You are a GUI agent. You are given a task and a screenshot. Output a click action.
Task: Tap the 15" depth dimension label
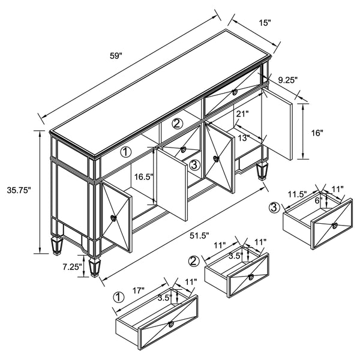click(x=265, y=23)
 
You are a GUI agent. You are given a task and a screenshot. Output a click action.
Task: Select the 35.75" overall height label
click(x=19, y=190)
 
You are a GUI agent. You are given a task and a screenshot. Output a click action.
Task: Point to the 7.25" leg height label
click(x=73, y=267)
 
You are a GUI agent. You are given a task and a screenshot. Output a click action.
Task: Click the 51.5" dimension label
click(x=200, y=236)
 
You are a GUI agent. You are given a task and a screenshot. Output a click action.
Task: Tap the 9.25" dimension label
click(x=288, y=80)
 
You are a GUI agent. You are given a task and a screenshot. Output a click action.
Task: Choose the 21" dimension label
click(x=242, y=114)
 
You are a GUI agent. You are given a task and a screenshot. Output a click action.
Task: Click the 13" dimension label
click(x=244, y=138)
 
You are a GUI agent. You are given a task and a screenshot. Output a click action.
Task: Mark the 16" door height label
click(x=317, y=133)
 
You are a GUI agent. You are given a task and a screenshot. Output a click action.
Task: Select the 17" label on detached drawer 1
click(x=138, y=290)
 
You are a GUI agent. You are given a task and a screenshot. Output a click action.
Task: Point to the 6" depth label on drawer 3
click(x=317, y=200)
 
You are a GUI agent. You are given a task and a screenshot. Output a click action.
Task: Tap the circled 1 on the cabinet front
click(x=126, y=152)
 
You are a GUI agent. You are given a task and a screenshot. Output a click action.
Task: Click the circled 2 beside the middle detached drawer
click(x=194, y=261)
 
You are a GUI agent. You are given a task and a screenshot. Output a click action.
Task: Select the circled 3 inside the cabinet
click(x=194, y=164)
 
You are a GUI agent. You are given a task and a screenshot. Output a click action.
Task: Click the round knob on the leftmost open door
click(x=113, y=218)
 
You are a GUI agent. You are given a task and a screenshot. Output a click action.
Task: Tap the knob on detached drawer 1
click(x=171, y=325)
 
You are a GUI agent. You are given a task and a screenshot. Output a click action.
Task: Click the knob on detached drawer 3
click(x=335, y=226)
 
